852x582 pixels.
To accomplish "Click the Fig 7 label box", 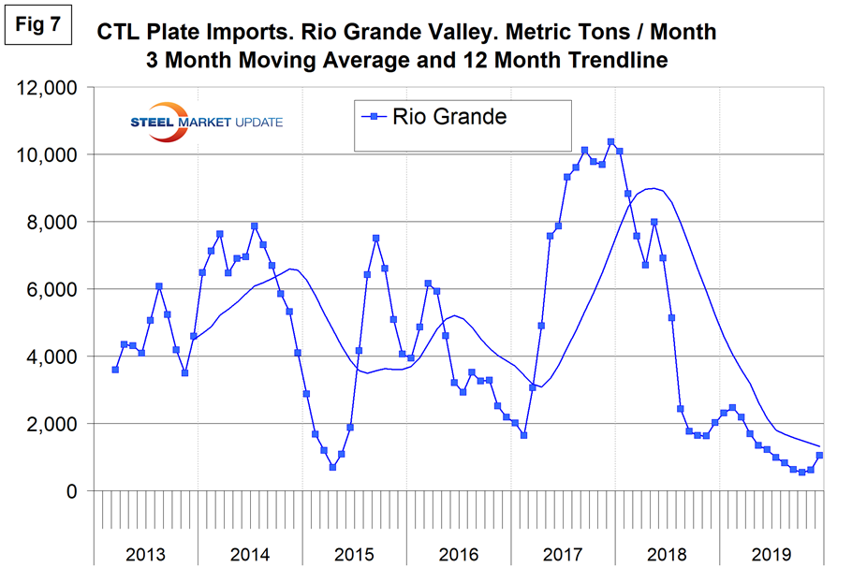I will (x=38, y=25).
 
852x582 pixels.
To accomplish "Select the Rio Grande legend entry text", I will (x=449, y=117).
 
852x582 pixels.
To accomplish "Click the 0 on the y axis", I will (x=80, y=491).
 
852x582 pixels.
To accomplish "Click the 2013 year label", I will (x=145, y=554).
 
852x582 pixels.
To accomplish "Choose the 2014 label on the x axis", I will (x=249, y=554).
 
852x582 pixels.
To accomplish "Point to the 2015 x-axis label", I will (x=354, y=554).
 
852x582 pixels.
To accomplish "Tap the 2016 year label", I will (x=459, y=554).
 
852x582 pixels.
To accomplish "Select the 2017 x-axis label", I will (x=563, y=554).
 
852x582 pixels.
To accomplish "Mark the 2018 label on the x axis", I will (x=668, y=554).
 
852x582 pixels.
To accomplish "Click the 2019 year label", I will (x=771, y=554).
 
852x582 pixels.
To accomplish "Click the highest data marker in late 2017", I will (x=610, y=142).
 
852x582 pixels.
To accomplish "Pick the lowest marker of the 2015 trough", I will (x=332, y=467).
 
